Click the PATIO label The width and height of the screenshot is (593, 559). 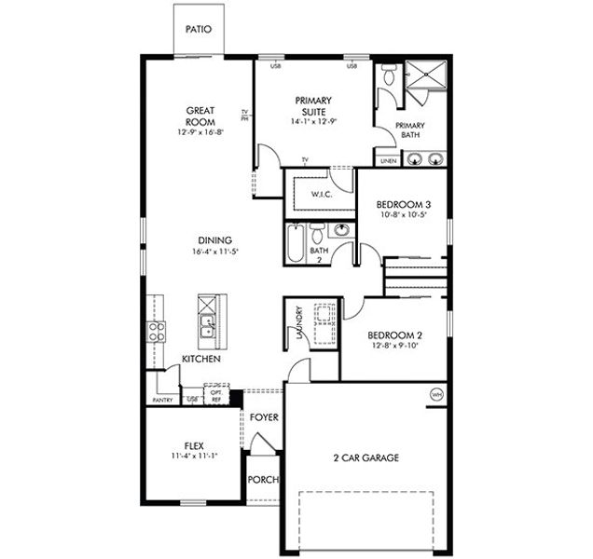click(x=198, y=29)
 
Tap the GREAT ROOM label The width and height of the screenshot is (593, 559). click(x=200, y=116)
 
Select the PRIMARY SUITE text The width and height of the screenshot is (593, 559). click(x=313, y=104)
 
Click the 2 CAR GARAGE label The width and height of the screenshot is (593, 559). click(x=366, y=457)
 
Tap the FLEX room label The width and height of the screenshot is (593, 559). click(x=194, y=446)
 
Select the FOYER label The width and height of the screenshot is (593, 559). click(x=264, y=416)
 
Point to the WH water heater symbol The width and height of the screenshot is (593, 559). click(x=435, y=394)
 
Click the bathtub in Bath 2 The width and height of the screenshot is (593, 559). click(x=296, y=244)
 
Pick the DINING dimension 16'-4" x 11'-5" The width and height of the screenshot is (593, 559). click(x=214, y=252)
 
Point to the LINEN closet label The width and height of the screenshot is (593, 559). click(x=388, y=160)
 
